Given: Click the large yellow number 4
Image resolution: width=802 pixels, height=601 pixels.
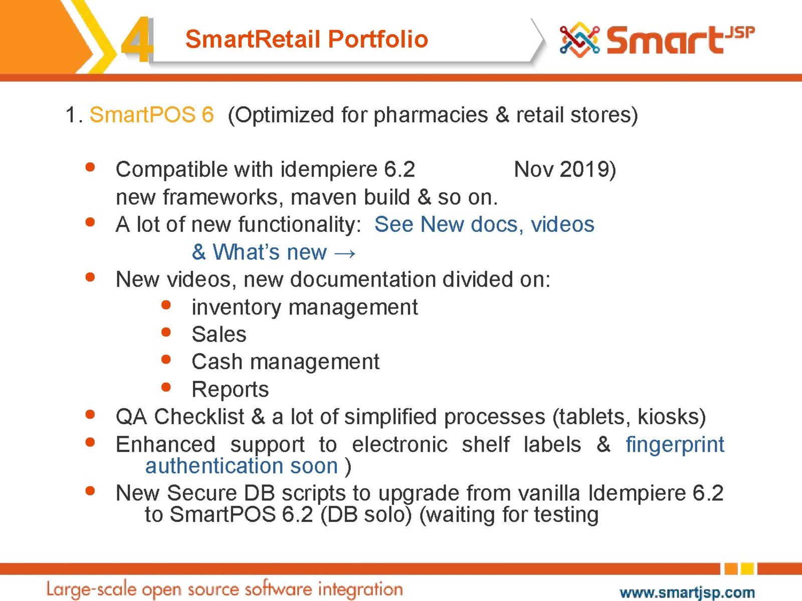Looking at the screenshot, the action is pyautogui.click(x=137, y=39).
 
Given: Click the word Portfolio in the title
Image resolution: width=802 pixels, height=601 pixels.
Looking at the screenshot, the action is pyautogui.click(x=378, y=39).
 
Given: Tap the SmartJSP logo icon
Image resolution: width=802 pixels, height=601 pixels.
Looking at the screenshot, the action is pyautogui.click(x=579, y=40).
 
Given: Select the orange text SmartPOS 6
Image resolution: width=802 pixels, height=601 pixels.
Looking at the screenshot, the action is pyautogui.click(x=152, y=115).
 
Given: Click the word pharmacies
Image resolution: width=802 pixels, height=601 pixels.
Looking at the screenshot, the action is pyautogui.click(x=431, y=115).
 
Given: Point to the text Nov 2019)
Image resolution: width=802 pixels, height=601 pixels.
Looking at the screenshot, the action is pyautogui.click(x=565, y=170).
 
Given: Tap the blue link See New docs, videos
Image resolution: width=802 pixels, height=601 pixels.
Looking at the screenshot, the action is pyautogui.click(x=484, y=224).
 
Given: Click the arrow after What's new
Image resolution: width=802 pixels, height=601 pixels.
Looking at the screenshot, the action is pyautogui.click(x=344, y=253).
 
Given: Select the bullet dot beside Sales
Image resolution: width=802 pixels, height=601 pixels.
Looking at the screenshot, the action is pyautogui.click(x=166, y=332).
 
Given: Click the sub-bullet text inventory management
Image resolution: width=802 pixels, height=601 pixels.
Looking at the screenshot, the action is pyautogui.click(x=305, y=308).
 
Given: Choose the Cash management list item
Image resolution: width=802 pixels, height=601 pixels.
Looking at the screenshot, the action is pyautogui.click(x=285, y=362).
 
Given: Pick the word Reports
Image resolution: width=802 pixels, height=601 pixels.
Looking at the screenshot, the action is pyautogui.click(x=230, y=389).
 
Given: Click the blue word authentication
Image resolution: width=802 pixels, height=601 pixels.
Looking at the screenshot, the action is pyautogui.click(x=214, y=466).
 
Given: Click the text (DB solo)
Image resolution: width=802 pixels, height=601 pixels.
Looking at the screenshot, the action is pyautogui.click(x=366, y=514).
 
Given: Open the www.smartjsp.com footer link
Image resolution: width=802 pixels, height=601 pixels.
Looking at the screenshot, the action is pyautogui.click(x=687, y=592).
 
